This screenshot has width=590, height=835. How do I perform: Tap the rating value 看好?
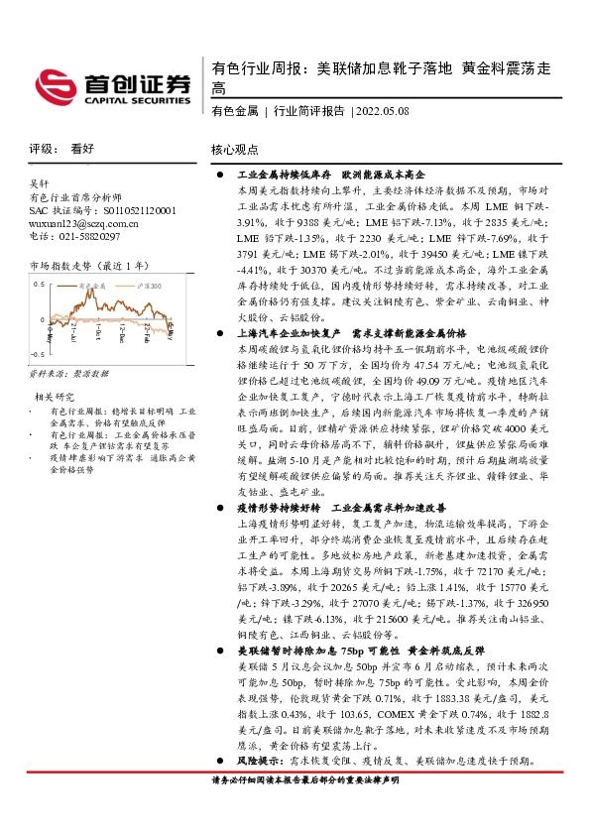81,148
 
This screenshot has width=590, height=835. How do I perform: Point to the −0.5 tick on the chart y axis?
38,354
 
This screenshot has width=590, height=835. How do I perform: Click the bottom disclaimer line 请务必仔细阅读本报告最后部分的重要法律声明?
305,781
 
